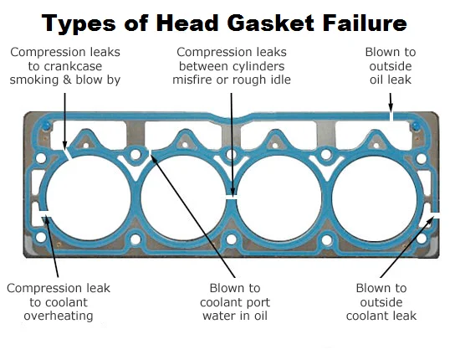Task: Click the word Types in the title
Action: click(x=79, y=23)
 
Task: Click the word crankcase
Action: click(x=74, y=66)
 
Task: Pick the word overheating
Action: click(x=59, y=316)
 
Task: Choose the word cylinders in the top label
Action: click(x=262, y=66)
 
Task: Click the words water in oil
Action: click(x=235, y=316)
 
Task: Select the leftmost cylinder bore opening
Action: click(x=89, y=198)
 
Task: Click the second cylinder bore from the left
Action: click(x=184, y=198)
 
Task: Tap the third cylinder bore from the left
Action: click(x=279, y=198)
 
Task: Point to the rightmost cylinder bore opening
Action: click(x=375, y=198)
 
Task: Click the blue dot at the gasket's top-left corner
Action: click(x=46, y=126)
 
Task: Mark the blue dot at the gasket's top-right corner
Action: click(x=416, y=126)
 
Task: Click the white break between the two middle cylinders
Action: click(x=232, y=197)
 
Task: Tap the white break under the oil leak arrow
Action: click(x=391, y=116)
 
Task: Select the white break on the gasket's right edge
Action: click(x=435, y=215)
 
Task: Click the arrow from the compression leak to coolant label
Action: click(x=52, y=246)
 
